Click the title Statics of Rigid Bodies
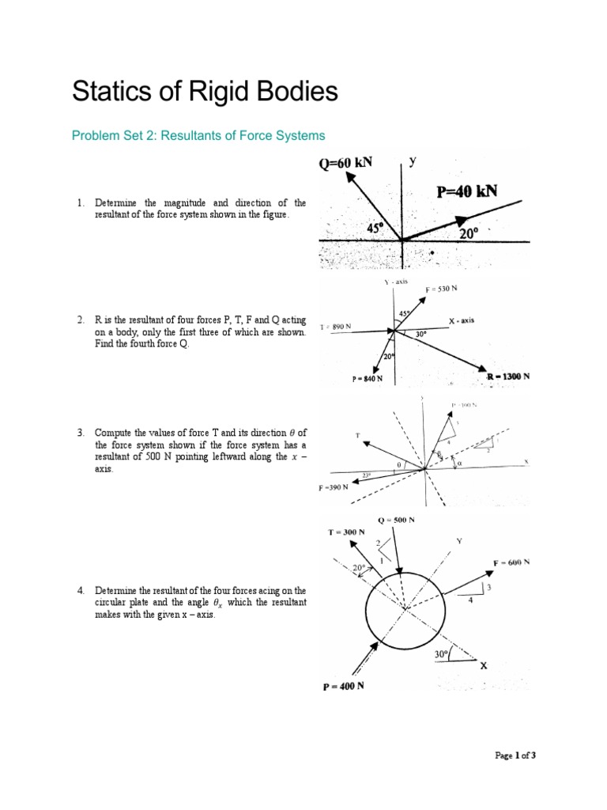(205, 92)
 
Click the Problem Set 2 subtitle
(198, 136)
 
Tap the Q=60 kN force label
(345, 164)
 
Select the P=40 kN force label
(467, 191)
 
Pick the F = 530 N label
(441, 290)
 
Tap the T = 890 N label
(336, 327)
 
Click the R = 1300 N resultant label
(508, 377)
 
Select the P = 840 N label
(368, 379)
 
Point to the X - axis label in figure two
(462, 320)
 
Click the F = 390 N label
(334, 487)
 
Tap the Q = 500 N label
(396, 520)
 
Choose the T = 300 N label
(346, 532)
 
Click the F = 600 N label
(511, 562)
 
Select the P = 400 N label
(343, 686)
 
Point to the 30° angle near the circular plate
(441, 654)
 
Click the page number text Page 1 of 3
(515, 755)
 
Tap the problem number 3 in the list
(81, 433)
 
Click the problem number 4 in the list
(81, 591)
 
